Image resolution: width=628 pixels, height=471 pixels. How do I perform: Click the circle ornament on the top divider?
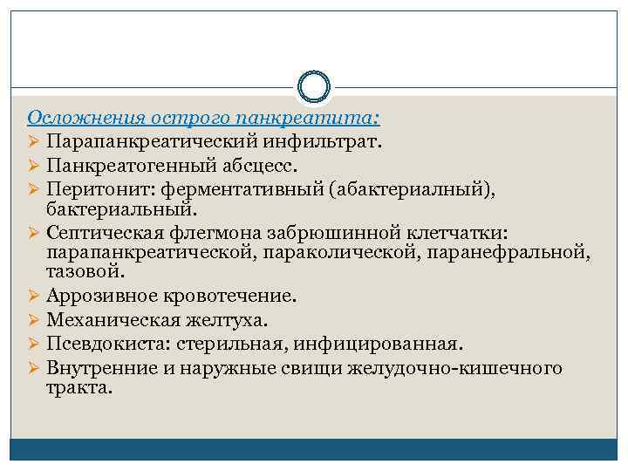pos(313,86)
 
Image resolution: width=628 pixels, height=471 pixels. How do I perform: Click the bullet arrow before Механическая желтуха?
pos(34,320)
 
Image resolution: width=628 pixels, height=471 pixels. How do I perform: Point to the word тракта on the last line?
pos(79,388)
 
